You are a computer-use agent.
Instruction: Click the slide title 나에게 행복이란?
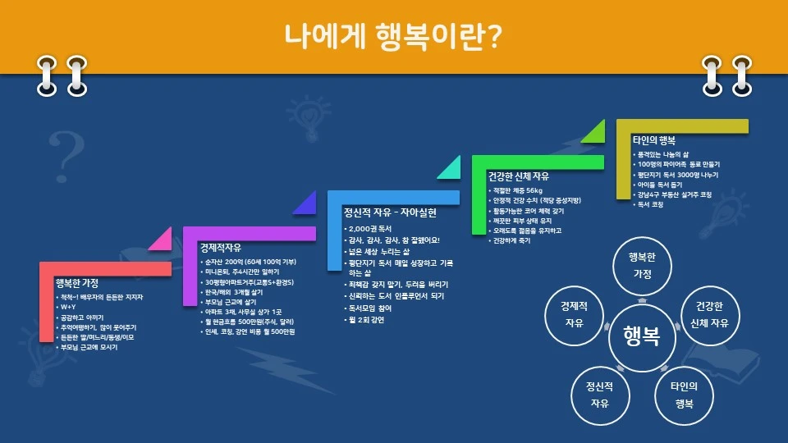(x=393, y=36)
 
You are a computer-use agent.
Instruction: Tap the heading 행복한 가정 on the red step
(x=77, y=283)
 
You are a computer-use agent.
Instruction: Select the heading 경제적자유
(x=221, y=248)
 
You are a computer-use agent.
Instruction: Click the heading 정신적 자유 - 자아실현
(x=390, y=212)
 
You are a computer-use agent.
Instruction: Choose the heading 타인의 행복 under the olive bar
(x=654, y=140)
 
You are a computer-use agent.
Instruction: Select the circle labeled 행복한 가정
(x=641, y=266)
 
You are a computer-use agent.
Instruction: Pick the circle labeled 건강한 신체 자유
(x=709, y=314)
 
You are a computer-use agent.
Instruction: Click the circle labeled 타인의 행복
(x=683, y=395)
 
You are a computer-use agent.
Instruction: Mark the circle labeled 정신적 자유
(x=600, y=395)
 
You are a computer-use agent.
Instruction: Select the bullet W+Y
(x=66, y=306)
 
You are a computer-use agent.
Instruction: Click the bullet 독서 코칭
(x=651, y=204)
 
